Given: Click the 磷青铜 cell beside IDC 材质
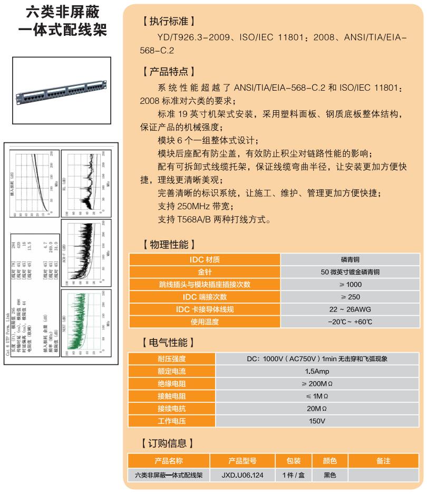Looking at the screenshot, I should click(350, 259).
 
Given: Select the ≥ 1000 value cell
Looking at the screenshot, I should click(350, 285).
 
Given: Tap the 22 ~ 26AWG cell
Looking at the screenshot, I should click(350, 309).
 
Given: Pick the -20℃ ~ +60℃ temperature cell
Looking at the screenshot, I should click(350, 322).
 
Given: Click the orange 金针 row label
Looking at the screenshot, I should click(205, 272).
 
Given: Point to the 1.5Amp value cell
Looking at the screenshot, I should click(317, 371).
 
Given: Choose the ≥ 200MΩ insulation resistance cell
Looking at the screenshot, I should click(317, 384).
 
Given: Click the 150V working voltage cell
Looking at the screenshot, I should click(317, 421).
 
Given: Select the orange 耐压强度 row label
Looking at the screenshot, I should click(172, 359).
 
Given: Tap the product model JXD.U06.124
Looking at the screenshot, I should click(242, 475).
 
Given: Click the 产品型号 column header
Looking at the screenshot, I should click(242, 461).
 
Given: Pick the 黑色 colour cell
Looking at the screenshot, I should click(329, 475).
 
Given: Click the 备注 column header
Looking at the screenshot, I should click(383, 461).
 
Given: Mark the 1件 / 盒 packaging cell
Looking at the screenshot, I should click(294, 475).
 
